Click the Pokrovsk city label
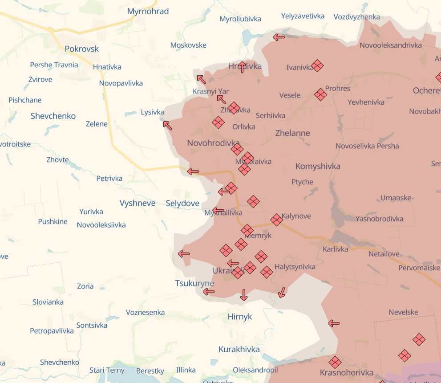coord(82,49)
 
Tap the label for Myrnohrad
coord(148,12)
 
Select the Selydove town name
coord(182,203)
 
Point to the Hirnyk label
coord(240,317)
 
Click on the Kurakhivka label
coord(239,350)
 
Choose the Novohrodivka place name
coord(214,143)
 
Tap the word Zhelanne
coord(292,133)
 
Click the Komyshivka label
coord(318,167)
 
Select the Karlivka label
coord(336,249)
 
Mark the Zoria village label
coord(85,286)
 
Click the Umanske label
coord(396,198)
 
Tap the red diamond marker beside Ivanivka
coord(317,66)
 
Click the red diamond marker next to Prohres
coord(320,94)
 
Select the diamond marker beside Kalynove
coord(276,220)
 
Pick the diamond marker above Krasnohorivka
coord(335,362)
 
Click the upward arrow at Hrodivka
coord(242,67)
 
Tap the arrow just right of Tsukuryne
coord(209,292)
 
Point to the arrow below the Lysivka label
coord(167,125)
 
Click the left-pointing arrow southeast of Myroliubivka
coord(279,37)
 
